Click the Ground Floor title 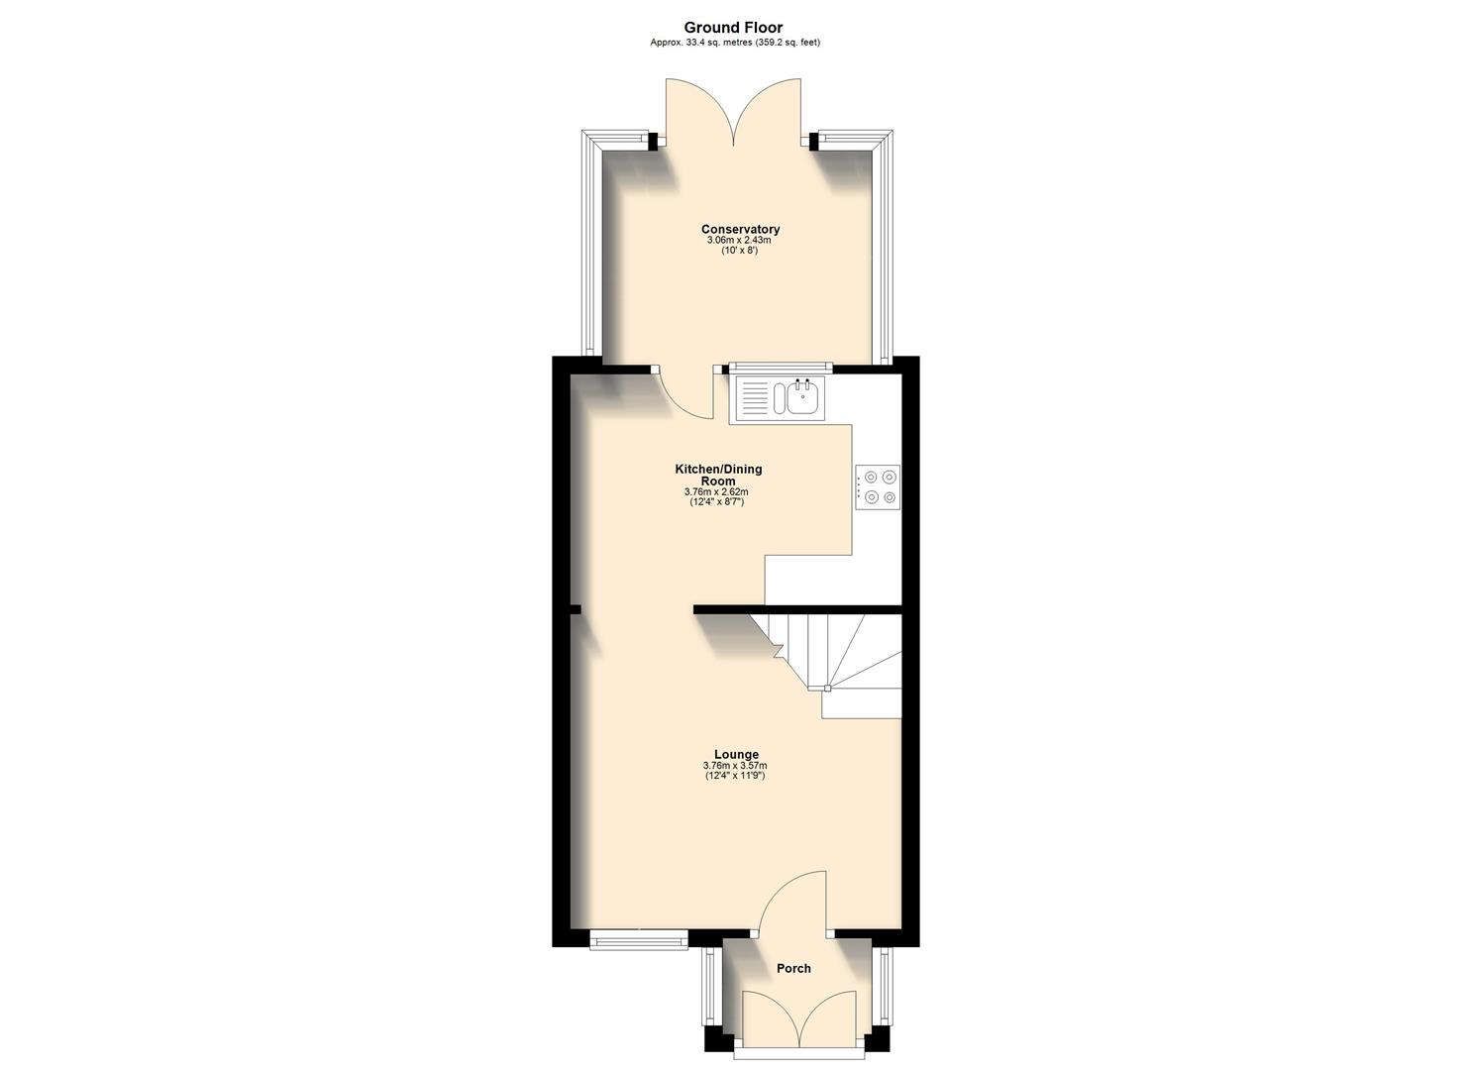(734, 28)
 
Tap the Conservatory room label (740, 230)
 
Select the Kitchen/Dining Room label (718, 475)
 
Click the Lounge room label (735, 755)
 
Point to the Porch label (793, 969)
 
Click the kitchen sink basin (802, 398)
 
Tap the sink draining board (754, 398)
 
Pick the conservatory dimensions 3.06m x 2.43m (739, 241)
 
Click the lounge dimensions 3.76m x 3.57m (735, 766)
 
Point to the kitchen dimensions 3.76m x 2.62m (716, 492)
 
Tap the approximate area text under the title (734, 43)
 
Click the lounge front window (638, 938)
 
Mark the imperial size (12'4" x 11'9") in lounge (735, 776)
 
